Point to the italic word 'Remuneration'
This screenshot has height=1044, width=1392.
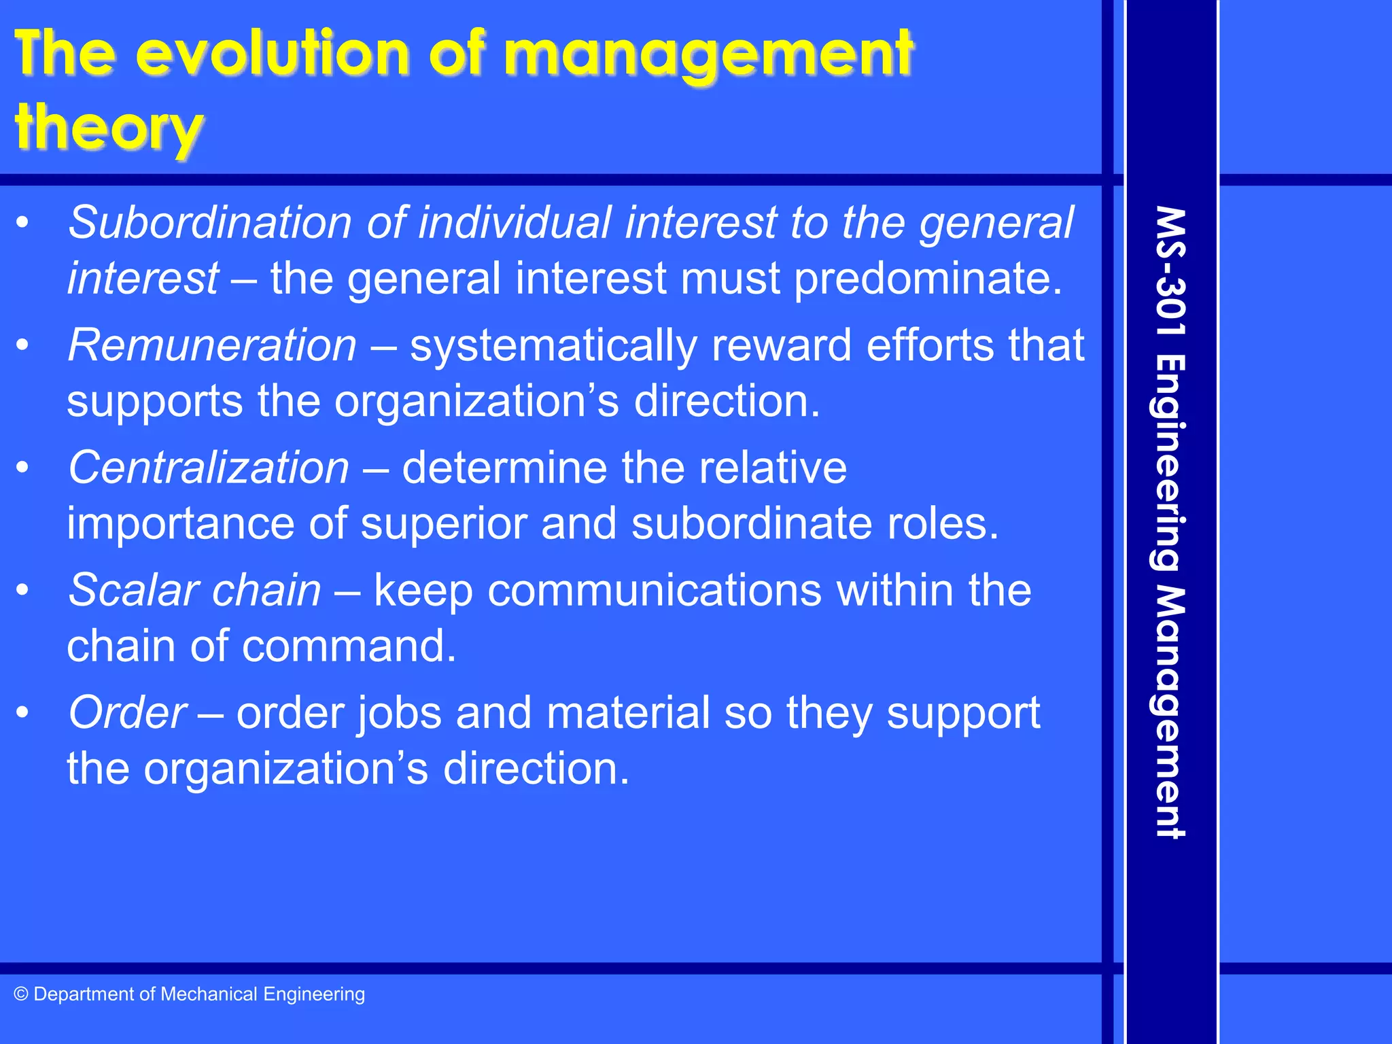212,345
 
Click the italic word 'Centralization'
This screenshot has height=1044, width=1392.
209,468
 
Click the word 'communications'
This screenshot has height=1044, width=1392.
654,590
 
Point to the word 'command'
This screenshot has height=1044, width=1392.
349,646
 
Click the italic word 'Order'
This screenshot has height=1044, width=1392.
127,713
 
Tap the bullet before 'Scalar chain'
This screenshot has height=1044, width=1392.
23,590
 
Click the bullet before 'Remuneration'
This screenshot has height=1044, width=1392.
23,345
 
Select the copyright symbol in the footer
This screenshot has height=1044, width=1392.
21,994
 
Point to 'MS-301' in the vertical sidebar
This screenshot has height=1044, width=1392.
1170,272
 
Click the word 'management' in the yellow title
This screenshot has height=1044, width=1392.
708,54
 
